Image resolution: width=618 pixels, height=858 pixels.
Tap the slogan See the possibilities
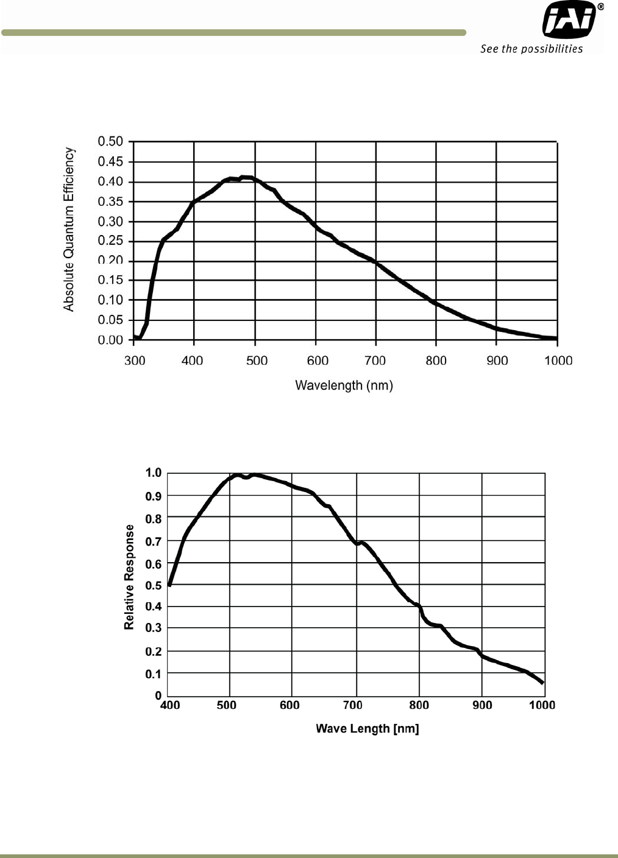(x=531, y=49)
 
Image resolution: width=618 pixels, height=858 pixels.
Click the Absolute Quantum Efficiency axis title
(x=69, y=230)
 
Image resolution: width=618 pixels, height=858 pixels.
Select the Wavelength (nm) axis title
(x=344, y=385)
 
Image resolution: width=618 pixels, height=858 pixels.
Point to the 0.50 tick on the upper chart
(x=110, y=141)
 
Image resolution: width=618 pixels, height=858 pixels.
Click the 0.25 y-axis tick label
(x=110, y=241)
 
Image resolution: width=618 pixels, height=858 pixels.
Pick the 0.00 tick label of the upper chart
(x=110, y=340)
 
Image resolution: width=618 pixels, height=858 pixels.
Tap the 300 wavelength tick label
(x=135, y=360)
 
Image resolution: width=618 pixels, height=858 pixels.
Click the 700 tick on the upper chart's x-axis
(x=375, y=360)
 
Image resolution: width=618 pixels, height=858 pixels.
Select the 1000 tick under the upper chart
(x=558, y=360)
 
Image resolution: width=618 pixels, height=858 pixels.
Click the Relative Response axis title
(x=129, y=577)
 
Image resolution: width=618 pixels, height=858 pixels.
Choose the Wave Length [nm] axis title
(x=367, y=728)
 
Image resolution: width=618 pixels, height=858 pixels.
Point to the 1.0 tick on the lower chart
(x=153, y=473)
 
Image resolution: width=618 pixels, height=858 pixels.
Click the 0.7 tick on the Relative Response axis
(x=153, y=541)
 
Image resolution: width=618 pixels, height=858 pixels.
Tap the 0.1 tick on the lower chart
(x=153, y=673)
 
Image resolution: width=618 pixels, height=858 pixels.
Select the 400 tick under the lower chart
(x=169, y=705)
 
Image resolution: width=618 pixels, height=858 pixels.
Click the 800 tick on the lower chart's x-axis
(x=419, y=705)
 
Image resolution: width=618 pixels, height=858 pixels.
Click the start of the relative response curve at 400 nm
(x=169, y=585)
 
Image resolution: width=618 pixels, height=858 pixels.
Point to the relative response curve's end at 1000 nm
(x=542, y=683)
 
